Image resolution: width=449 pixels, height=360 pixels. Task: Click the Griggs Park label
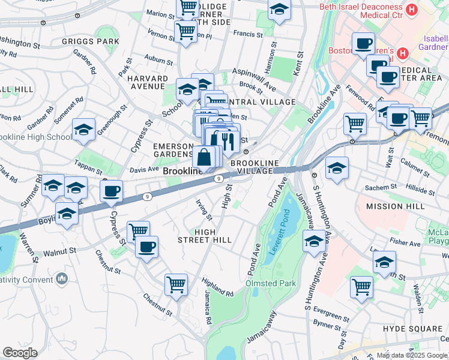[x=90, y=41]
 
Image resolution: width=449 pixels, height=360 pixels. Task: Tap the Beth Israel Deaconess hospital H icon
[x=412, y=10]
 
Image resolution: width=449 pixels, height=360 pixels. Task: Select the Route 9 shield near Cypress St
[x=146, y=197]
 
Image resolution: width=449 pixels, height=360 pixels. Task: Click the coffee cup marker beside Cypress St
[x=111, y=192]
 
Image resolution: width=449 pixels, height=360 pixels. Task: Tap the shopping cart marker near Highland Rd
[x=176, y=284]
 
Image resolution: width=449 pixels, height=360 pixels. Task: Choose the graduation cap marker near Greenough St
[x=83, y=130]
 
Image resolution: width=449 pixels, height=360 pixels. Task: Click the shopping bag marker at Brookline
[x=204, y=158]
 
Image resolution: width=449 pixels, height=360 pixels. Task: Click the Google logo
[x=20, y=353]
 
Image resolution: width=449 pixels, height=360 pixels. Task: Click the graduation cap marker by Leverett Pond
[x=314, y=242]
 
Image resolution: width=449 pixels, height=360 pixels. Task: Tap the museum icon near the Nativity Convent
[x=62, y=278]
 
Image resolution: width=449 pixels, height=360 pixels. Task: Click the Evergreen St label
[x=331, y=316]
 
